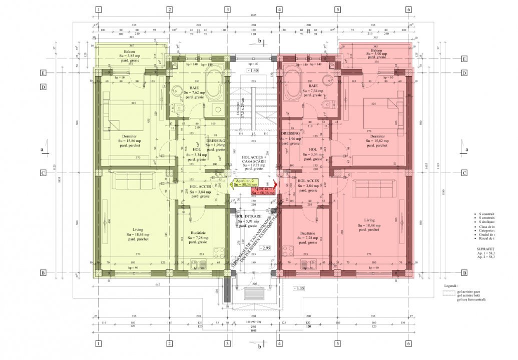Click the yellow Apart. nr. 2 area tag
coord(246,182)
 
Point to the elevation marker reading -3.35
coord(299,288)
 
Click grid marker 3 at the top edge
coord(227,9)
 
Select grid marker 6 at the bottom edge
coord(408,344)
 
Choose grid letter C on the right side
coord(464,173)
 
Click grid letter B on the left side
coord(44,273)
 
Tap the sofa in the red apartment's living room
coord(373,188)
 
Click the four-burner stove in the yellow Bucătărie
coord(218,252)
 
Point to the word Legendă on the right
coord(450,286)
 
